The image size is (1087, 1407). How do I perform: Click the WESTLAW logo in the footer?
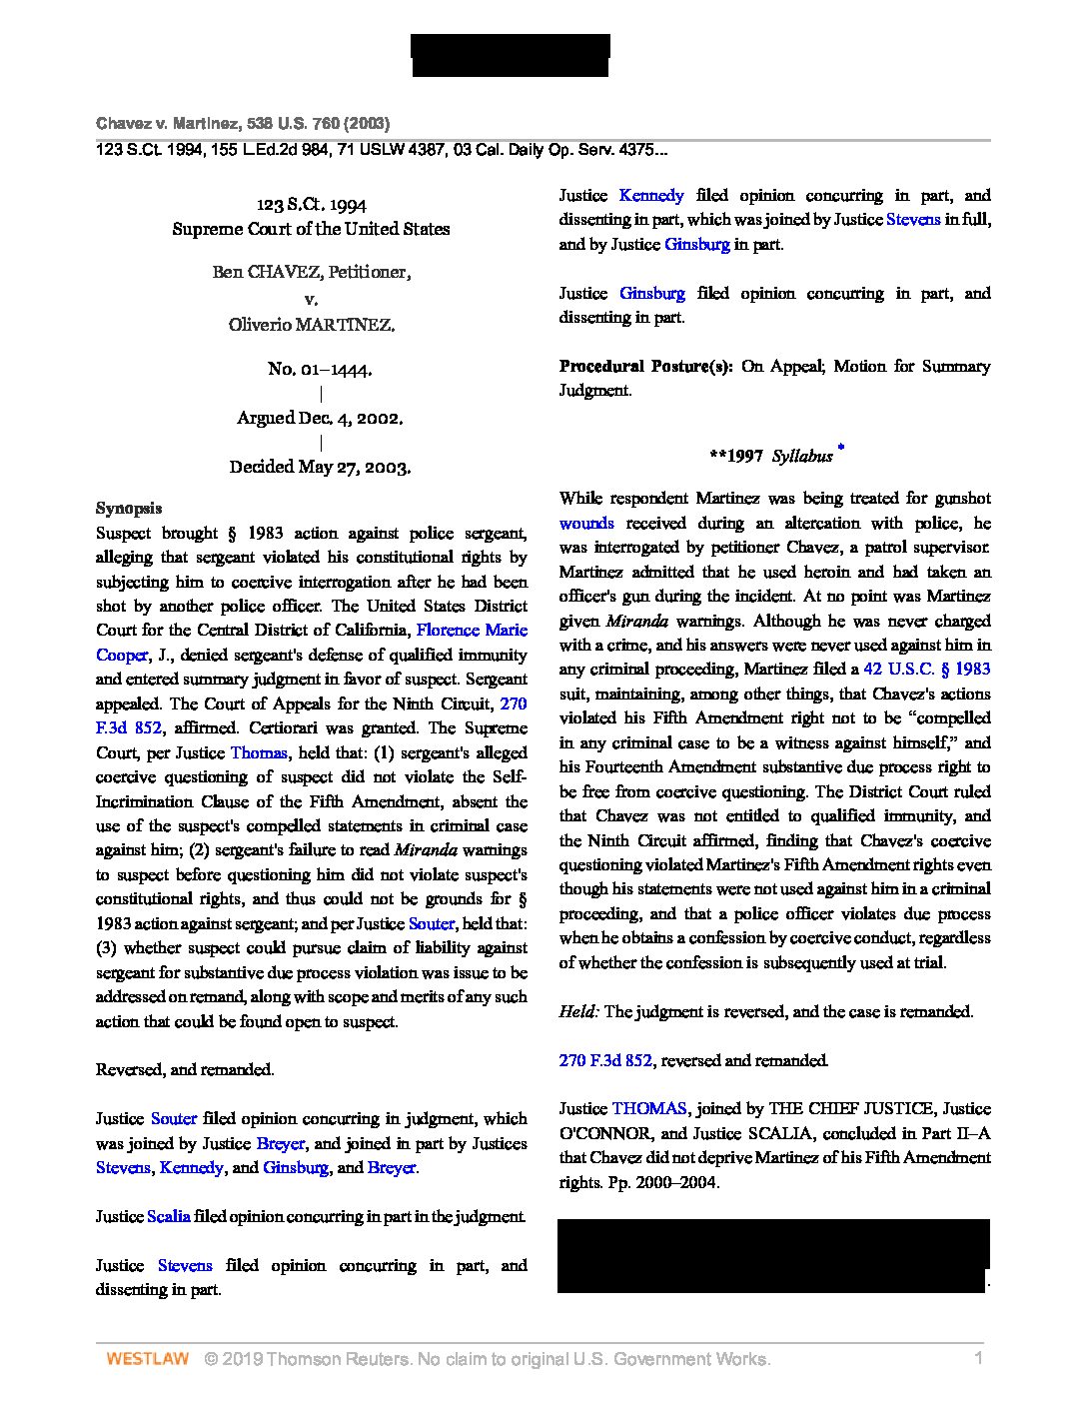147,1359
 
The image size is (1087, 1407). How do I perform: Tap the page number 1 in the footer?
979,1359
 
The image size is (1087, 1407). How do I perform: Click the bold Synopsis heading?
129,508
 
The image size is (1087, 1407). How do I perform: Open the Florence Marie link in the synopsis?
472,630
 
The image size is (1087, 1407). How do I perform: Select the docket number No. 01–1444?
320,369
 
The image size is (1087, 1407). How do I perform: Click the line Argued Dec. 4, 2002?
320,418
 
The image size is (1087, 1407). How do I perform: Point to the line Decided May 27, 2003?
320,467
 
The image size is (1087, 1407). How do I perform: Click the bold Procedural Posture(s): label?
645,366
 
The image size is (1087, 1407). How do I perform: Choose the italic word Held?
579,1011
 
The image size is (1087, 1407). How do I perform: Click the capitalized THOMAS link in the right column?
649,1108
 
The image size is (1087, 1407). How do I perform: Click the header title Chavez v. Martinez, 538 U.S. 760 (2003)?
243,124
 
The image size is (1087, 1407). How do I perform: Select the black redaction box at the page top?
511,55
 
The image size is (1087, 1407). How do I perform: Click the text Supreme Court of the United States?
311,229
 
